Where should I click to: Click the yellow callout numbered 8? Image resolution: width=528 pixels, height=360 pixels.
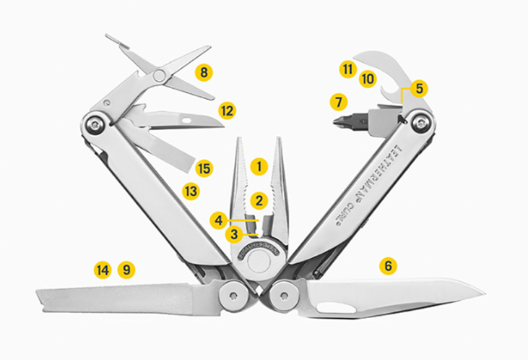pyautogui.click(x=204, y=72)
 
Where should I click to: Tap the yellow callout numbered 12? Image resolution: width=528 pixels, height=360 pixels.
pyautogui.click(x=228, y=111)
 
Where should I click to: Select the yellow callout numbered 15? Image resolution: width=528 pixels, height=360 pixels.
pyautogui.click(x=204, y=168)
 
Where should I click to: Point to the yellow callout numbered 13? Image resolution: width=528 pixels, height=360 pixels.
pyautogui.click(x=191, y=192)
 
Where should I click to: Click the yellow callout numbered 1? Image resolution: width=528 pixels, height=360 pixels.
pyautogui.click(x=259, y=166)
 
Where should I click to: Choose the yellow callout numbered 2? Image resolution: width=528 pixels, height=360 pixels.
pyautogui.click(x=259, y=201)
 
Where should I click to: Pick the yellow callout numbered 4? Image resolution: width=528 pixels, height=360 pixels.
pyautogui.click(x=219, y=220)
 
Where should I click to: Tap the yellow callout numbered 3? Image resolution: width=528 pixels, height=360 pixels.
pyautogui.click(x=234, y=234)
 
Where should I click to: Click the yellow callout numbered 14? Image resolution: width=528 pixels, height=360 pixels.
pyautogui.click(x=103, y=270)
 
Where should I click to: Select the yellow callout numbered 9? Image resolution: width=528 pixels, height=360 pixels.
pyautogui.click(x=126, y=270)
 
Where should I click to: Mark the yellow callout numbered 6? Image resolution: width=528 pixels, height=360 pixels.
pyautogui.click(x=389, y=266)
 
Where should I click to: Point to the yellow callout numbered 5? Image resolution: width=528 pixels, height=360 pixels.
pyautogui.click(x=419, y=89)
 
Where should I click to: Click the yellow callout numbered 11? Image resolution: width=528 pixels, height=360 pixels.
pyautogui.click(x=348, y=69)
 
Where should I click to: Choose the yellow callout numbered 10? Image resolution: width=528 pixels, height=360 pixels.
pyautogui.click(x=368, y=79)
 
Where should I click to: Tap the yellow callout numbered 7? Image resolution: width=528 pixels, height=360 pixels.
pyautogui.click(x=339, y=102)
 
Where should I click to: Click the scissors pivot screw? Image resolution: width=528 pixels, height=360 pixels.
pyautogui.click(x=158, y=75)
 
